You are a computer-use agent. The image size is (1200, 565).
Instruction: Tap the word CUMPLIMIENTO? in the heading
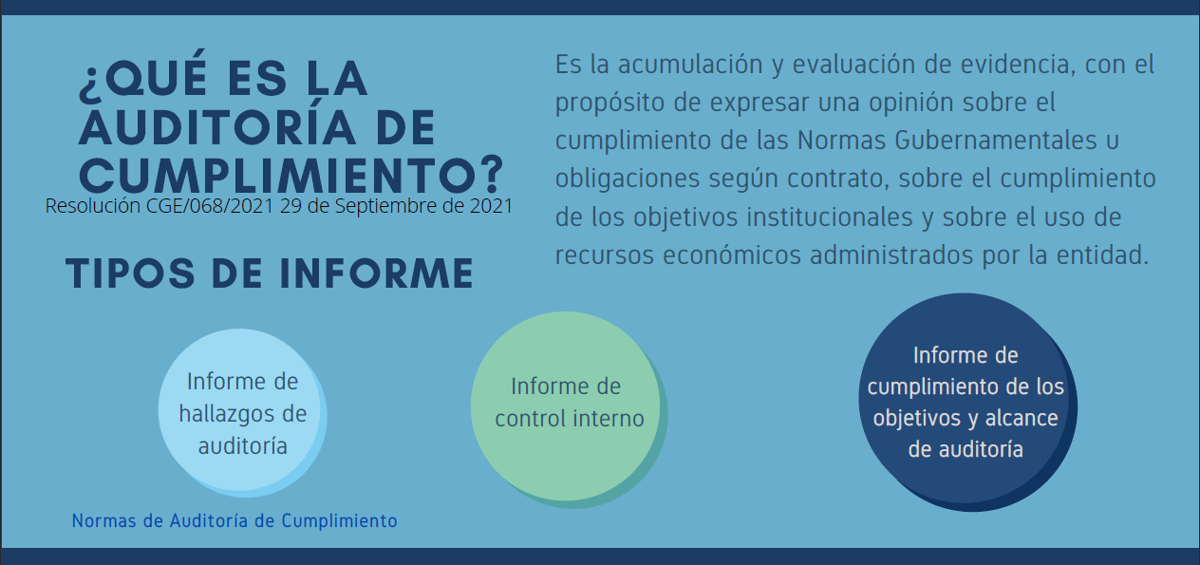click(x=291, y=174)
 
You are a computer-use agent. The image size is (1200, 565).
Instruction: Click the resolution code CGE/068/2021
click(x=210, y=206)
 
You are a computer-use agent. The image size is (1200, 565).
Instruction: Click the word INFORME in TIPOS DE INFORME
click(x=377, y=273)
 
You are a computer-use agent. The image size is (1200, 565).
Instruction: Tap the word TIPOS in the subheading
click(x=130, y=273)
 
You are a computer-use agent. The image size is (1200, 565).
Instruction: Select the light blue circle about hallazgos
click(x=242, y=413)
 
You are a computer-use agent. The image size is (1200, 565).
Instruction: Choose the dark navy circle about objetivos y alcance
click(x=967, y=402)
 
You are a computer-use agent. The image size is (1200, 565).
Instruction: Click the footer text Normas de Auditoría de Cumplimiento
click(x=234, y=520)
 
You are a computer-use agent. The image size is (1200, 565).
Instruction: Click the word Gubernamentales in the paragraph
click(x=996, y=141)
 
